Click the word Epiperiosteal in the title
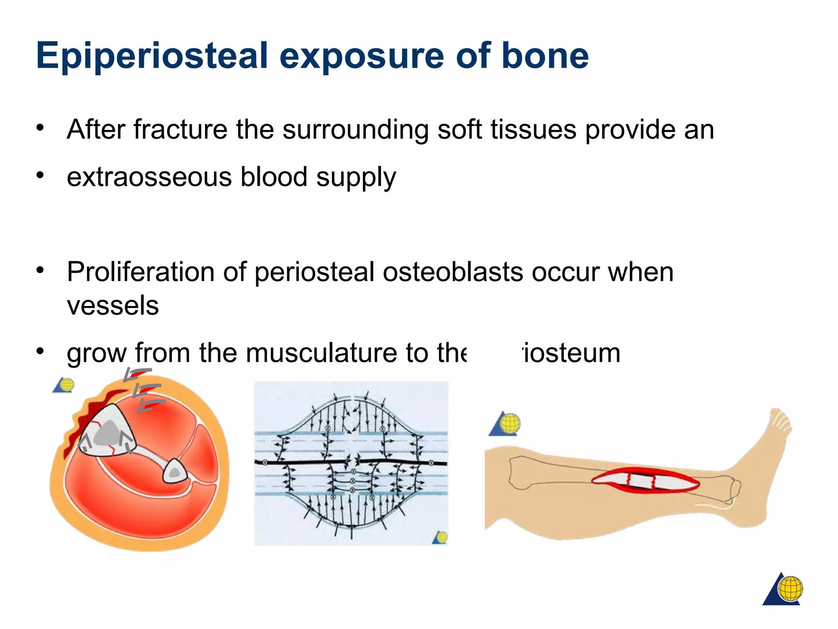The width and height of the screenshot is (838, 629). pyautogui.click(x=151, y=56)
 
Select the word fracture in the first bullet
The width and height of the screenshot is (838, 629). pyautogui.click(x=180, y=130)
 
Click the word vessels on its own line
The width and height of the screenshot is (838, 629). pyautogui.click(x=113, y=305)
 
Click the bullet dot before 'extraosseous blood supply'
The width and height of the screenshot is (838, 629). pyautogui.click(x=40, y=175)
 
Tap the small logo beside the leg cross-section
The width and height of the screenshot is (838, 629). pyautogui.click(x=64, y=385)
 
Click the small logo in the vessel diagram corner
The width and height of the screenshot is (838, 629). pyautogui.click(x=440, y=537)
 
